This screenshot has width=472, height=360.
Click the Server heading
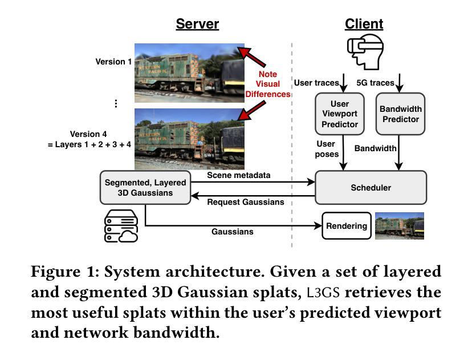[197, 23]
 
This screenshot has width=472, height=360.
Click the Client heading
[364, 23]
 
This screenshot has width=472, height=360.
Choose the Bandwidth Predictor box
[400, 114]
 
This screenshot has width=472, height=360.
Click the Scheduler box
[371, 187]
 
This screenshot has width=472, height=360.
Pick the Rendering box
[347, 226]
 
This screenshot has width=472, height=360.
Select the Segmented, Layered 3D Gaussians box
[145, 187]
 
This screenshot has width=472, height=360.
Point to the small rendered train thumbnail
[399, 226]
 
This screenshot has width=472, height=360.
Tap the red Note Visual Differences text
[268, 84]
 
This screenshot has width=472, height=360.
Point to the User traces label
[316, 83]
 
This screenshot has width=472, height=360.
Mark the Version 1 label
[113, 61]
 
